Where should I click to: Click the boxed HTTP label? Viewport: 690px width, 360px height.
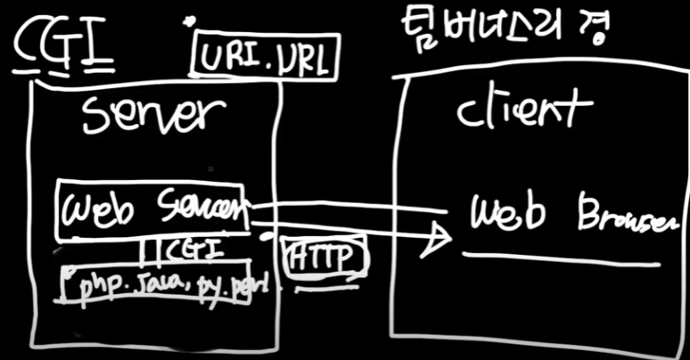coord(325,258)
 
